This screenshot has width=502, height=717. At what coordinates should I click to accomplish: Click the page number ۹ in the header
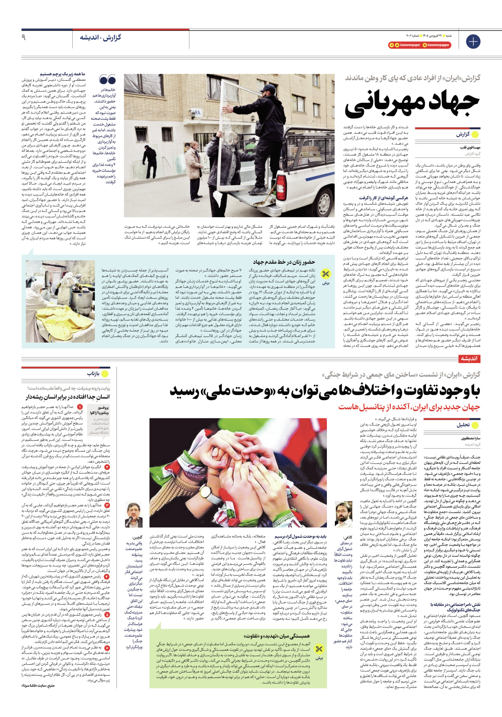tap(24, 37)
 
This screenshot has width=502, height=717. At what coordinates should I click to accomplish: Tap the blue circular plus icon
tap(473, 42)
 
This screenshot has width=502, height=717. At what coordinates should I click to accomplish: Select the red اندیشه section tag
tap(469, 358)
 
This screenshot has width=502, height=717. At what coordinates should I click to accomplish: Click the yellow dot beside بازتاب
tap(105, 374)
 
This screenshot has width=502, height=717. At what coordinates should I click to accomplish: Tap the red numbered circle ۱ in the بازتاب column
tap(80, 407)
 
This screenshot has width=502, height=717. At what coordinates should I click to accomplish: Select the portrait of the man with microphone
tap(134, 515)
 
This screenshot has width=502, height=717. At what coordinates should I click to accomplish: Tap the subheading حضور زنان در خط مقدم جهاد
tap(284, 262)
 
